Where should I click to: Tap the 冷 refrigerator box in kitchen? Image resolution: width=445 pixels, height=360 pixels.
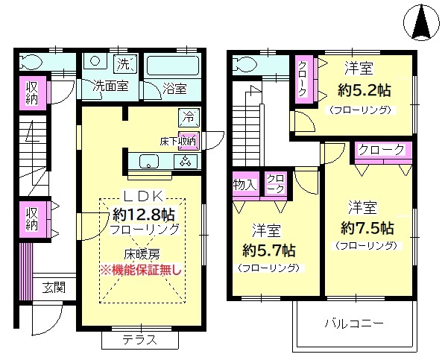pos(188,117)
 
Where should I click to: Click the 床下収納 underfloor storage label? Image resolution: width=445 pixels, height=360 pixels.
pos(178,140)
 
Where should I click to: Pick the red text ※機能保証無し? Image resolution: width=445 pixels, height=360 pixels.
pos(142,268)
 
